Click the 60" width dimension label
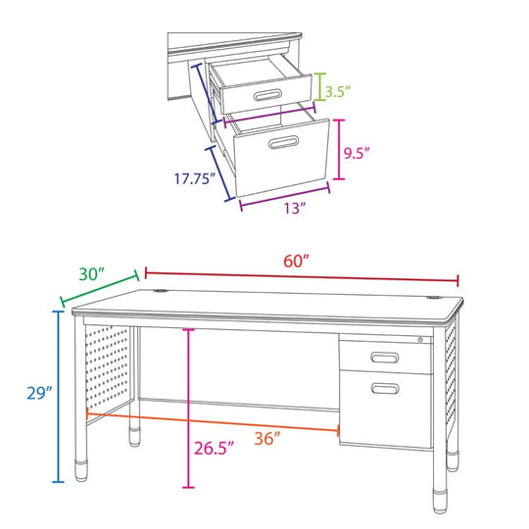(x=296, y=262)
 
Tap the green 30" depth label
(x=91, y=274)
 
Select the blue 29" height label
(x=39, y=393)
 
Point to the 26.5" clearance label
(x=214, y=448)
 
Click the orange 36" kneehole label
(x=267, y=438)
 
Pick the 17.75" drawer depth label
(x=195, y=178)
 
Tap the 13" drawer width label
(x=294, y=208)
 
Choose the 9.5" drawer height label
(x=357, y=153)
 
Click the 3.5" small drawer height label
(x=338, y=92)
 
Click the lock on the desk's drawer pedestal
(x=420, y=340)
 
